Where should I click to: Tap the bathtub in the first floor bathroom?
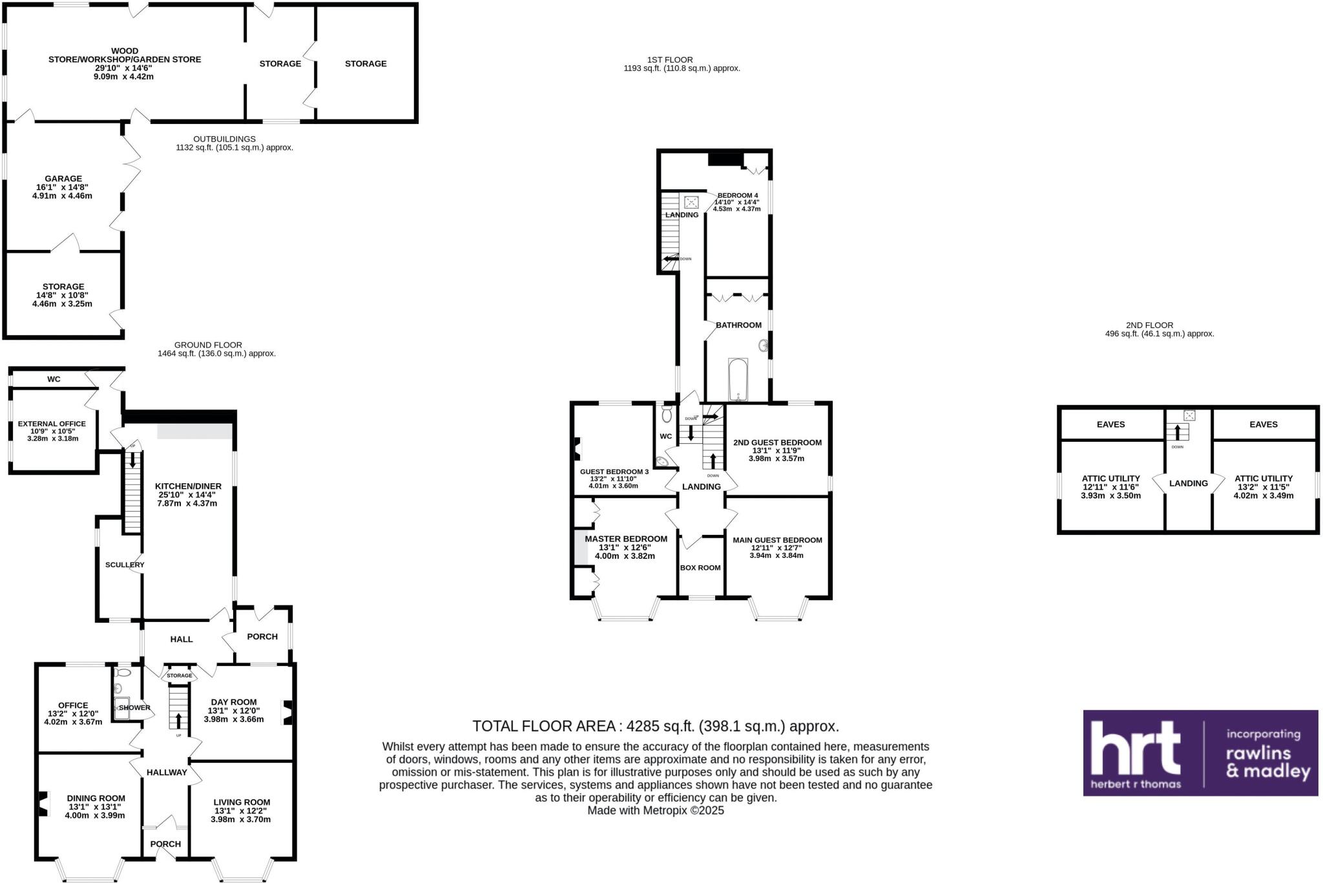point(738,379)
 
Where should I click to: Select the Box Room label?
point(700,568)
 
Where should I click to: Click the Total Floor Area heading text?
point(655,726)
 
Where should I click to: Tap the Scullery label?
point(125,565)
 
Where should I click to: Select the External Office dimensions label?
point(52,435)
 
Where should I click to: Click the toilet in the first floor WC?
point(667,414)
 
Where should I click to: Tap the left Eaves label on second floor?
point(1110,424)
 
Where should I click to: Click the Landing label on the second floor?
point(1188,483)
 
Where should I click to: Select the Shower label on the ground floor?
point(134,708)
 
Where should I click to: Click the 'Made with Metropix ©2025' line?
point(655,811)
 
